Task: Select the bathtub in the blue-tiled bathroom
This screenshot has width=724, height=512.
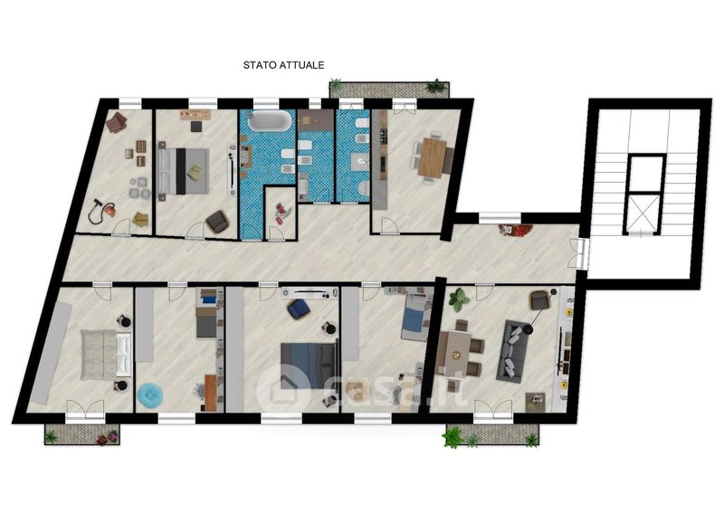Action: [270, 121]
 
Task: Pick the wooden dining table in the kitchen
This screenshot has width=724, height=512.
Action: [433, 158]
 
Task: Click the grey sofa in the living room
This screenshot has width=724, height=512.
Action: [512, 349]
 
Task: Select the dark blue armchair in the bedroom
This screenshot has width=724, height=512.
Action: [299, 308]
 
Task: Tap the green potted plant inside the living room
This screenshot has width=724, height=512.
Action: [459, 299]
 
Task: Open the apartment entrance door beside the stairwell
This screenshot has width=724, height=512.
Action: [579, 253]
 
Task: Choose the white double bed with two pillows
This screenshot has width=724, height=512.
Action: [106, 355]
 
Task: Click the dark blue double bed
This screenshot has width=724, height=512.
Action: [309, 365]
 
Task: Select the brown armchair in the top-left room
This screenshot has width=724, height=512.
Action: [117, 122]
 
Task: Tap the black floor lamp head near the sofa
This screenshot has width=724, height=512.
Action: [528, 329]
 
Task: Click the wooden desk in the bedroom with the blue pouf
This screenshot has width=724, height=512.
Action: [211, 393]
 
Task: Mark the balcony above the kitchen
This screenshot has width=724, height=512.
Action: [389, 90]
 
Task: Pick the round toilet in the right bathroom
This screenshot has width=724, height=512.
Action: [364, 187]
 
